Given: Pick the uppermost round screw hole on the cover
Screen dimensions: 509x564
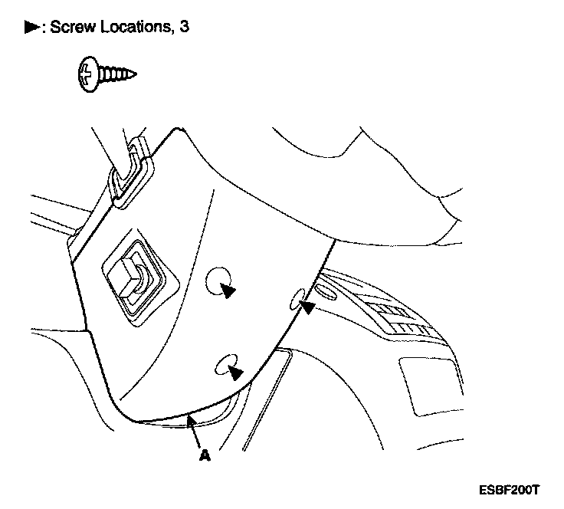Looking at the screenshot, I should pyautogui.click(x=221, y=281).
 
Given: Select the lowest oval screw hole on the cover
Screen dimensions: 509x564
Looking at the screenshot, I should pyautogui.click(x=226, y=366).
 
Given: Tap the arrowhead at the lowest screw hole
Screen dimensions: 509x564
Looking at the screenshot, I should pyautogui.click(x=237, y=372).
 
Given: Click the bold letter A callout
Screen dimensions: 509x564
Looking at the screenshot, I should pyautogui.click(x=204, y=455).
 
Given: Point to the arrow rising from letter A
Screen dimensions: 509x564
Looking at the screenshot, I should pyautogui.click(x=195, y=430).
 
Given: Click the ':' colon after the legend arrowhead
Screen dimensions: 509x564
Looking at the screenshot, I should pyautogui.click(x=44, y=28).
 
